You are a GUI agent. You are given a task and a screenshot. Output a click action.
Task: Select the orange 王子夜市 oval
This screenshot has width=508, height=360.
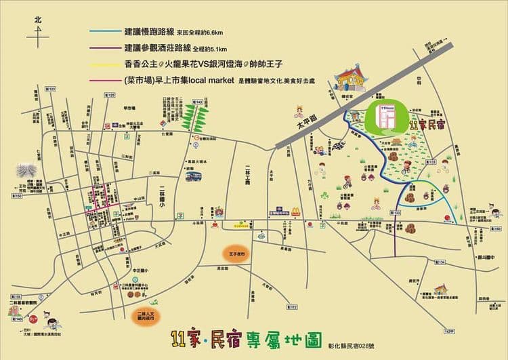click(x=236, y=253)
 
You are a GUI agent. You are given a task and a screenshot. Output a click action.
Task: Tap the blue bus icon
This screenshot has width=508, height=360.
click(x=194, y=176)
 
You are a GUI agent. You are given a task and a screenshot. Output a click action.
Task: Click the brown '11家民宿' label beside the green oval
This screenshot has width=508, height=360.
click(x=429, y=125)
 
